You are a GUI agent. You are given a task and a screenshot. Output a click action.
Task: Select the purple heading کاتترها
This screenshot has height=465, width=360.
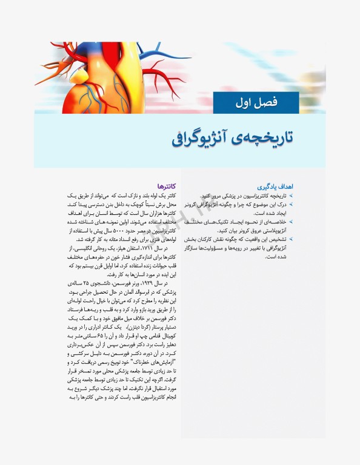tap(166, 186)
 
